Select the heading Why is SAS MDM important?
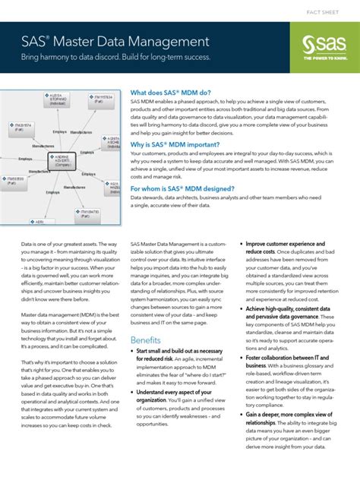175,144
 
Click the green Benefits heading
146,339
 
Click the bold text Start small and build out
179,352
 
